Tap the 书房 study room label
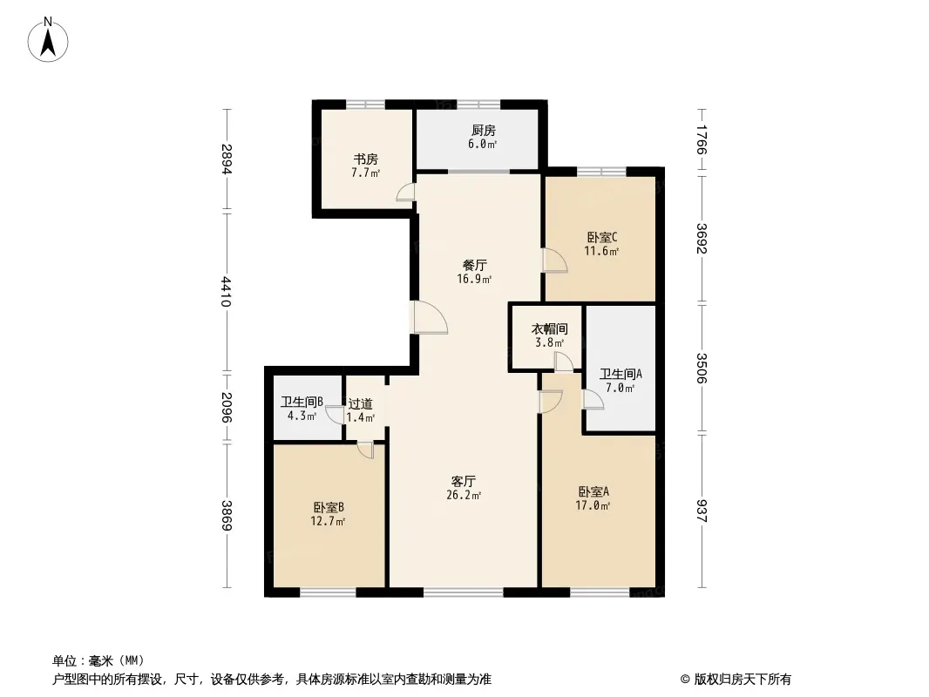click(x=365, y=159)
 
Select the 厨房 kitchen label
click(x=484, y=131)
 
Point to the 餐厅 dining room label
click(x=475, y=266)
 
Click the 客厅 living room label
click(x=464, y=482)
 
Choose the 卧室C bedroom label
click(x=602, y=238)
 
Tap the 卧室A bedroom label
click(x=593, y=491)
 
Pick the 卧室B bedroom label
click(x=329, y=507)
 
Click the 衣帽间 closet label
click(x=549, y=328)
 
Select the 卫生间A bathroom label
click(x=620, y=375)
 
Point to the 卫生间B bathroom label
click(x=302, y=403)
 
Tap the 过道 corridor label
click(x=360, y=404)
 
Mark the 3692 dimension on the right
click(x=702, y=238)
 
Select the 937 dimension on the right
click(x=702, y=511)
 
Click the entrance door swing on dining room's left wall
click(x=429, y=317)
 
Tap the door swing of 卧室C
click(x=555, y=261)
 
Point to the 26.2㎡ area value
click(x=464, y=496)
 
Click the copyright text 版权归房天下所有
click(x=742, y=680)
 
